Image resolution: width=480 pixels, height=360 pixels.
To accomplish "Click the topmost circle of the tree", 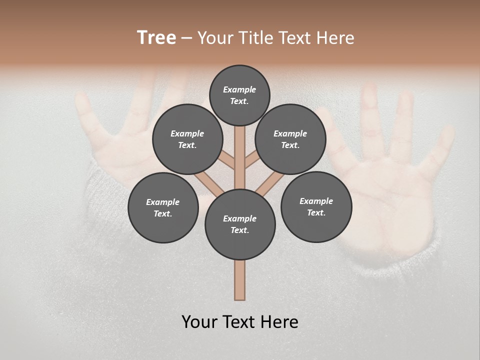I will (x=239, y=95).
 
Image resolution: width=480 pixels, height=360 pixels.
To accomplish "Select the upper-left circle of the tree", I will (x=187, y=139).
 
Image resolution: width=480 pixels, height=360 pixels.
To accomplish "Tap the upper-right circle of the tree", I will (x=290, y=139).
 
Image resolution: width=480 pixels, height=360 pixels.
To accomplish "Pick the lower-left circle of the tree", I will (x=163, y=207).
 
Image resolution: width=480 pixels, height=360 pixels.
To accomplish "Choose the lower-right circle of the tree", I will (x=316, y=206).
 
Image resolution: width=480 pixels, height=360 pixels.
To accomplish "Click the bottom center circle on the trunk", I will (x=240, y=224).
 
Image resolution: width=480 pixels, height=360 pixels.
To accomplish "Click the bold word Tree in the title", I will (x=156, y=37).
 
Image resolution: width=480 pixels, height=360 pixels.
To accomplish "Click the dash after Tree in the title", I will (x=186, y=38).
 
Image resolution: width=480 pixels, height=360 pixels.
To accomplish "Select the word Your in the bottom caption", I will (x=199, y=322).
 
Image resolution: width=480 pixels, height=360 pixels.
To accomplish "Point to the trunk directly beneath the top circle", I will (x=240, y=150).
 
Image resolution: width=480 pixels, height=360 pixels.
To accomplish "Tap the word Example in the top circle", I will (x=239, y=89).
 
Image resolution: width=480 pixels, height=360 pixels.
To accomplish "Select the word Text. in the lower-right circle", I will (x=316, y=212).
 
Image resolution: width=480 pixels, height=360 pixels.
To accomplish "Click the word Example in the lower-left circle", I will (x=163, y=202).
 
